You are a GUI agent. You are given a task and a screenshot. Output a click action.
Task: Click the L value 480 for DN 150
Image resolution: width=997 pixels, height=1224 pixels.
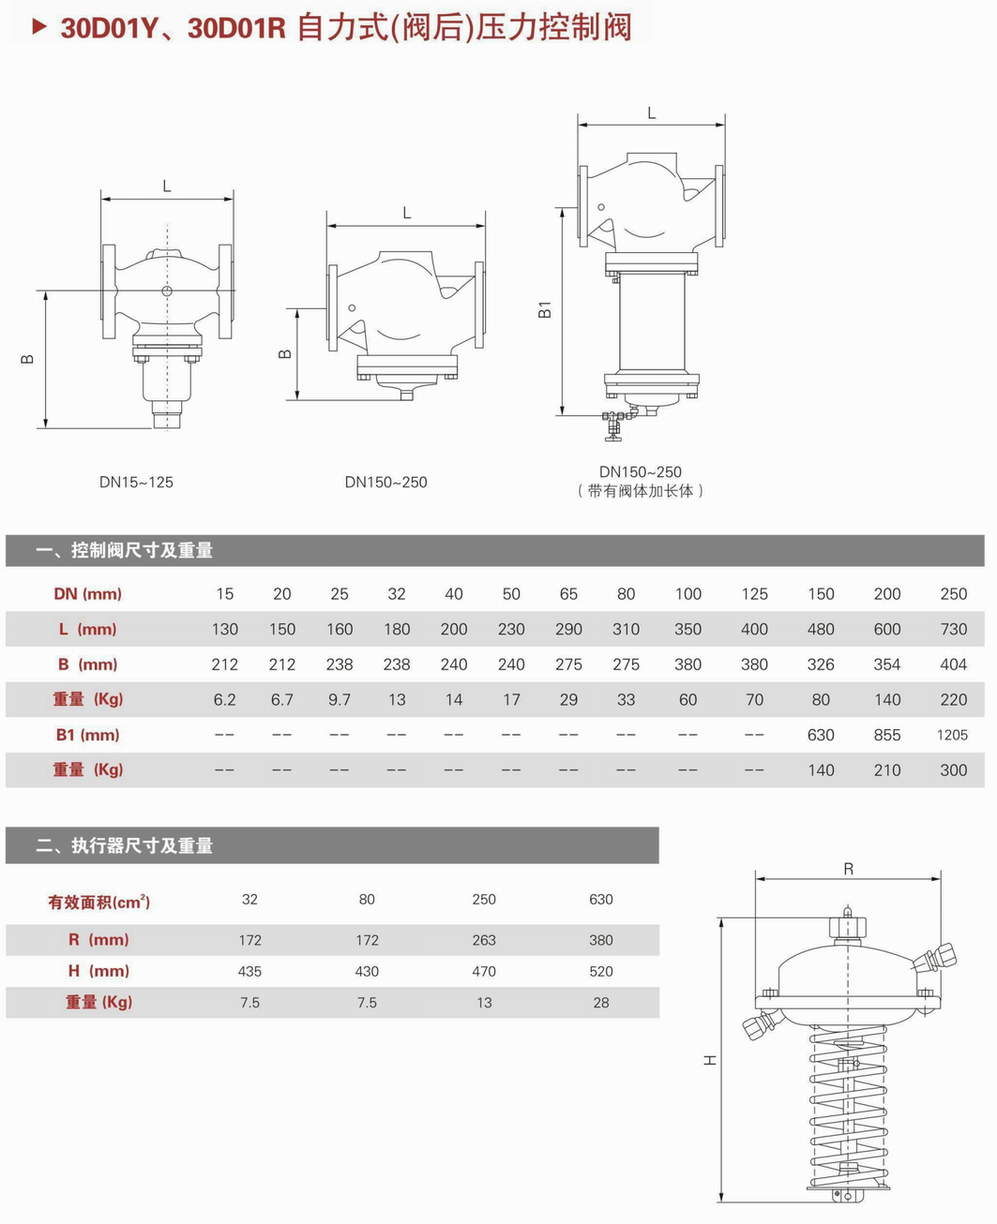[821, 629]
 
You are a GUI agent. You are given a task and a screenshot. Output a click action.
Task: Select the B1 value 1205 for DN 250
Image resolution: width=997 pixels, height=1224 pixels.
[952, 735]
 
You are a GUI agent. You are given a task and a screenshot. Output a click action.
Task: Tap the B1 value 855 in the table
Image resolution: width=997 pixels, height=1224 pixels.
[886, 735]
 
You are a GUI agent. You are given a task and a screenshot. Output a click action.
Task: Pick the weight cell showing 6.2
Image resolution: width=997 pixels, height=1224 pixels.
[224, 699]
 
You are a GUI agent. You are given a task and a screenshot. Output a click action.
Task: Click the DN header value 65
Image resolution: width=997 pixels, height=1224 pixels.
[568, 593]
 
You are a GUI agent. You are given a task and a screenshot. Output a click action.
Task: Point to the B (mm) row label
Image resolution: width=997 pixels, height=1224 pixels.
[87, 664]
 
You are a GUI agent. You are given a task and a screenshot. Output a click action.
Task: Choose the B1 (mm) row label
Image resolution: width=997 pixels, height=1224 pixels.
[87, 735]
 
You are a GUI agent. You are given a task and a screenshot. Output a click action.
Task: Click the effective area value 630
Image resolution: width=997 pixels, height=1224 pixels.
[601, 899]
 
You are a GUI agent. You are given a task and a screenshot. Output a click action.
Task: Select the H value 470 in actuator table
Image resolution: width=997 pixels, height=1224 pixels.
[484, 971]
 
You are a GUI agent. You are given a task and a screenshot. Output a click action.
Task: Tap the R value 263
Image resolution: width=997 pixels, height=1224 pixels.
[484, 940]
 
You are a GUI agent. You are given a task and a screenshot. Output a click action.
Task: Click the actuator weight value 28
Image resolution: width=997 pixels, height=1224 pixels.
[601, 1002]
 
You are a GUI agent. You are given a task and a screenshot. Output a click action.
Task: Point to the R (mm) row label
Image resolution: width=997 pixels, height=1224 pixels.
[98, 940]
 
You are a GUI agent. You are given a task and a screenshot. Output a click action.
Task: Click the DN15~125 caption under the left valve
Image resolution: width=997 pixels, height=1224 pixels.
[136, 482]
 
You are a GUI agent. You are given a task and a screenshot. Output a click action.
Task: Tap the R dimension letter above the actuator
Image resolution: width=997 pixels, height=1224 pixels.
[848, 869]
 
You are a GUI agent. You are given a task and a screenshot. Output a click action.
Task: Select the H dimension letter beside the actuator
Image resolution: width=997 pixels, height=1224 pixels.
[710, 1060]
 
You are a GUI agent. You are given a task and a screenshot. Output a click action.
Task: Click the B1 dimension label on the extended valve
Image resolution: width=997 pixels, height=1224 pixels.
[545, 309]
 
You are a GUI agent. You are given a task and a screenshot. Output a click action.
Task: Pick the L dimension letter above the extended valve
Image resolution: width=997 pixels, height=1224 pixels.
[651, 113]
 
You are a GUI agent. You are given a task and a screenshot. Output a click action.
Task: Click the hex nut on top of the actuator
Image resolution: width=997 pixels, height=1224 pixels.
[847, 928]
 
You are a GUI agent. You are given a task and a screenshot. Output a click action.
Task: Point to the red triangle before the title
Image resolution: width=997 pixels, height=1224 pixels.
[39, 27]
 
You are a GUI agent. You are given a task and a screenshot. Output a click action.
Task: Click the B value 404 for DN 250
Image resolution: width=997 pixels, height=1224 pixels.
[953, 664]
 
